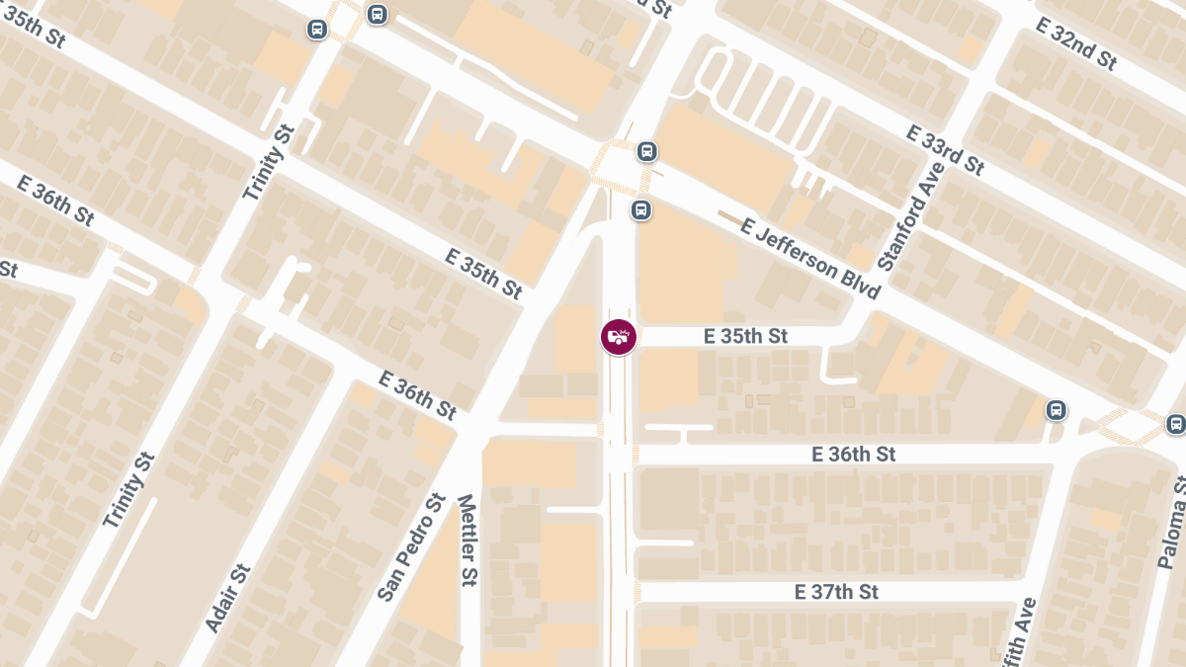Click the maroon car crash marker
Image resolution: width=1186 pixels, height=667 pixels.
[619, 337]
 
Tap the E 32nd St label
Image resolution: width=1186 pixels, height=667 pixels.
[1076, 44]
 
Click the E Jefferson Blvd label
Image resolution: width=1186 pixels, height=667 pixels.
[810, 260]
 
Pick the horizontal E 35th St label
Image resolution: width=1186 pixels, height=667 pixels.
[745, 337]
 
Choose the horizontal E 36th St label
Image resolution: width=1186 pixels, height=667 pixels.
[853, 455]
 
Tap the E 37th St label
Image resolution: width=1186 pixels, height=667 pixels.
[836, 592]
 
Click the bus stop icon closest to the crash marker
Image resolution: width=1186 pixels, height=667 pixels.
[640, 210]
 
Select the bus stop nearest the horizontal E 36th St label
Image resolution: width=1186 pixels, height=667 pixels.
[1056, 409]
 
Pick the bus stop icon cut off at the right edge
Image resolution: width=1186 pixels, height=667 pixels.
[1175, 423]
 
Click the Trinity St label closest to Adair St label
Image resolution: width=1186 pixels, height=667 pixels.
[129, 489]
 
